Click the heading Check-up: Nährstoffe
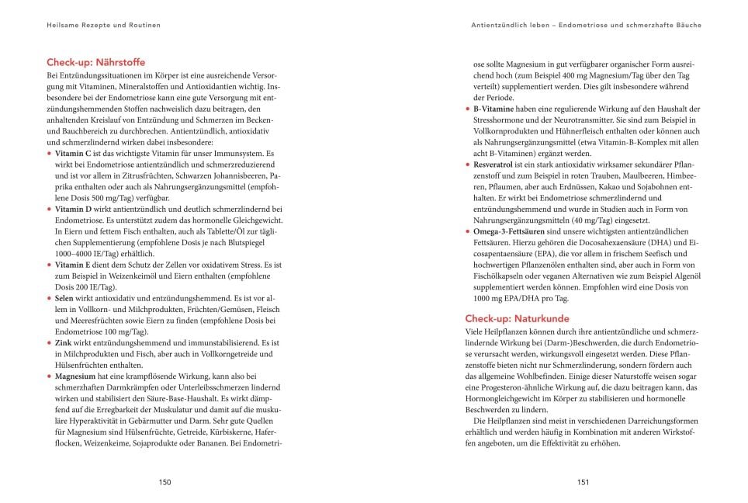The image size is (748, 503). click(95, 62)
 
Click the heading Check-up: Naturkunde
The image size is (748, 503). click(517, 318)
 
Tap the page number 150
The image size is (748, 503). click(164, 481)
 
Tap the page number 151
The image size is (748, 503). click(584, 481)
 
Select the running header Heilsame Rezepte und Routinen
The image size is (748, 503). click(103, 25)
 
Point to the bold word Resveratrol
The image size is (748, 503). click(497, 165)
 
